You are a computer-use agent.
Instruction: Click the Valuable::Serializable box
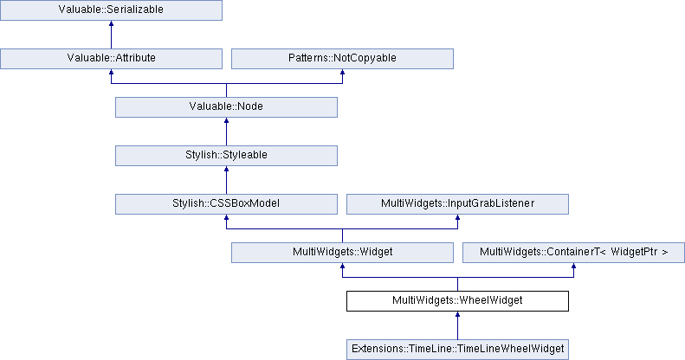tap(111, 10)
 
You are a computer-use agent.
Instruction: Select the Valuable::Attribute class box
tap(111, 59)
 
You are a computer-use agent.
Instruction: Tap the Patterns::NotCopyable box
tap(342, 59)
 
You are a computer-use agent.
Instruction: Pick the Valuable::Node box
tap(226, 107)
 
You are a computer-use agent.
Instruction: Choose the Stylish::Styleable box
tap(226, 156)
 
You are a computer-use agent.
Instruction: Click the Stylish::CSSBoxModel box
tap(226, 203)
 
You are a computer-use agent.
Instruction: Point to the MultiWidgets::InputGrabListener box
tap(457, 203)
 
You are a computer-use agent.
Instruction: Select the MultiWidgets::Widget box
tap(342, 252)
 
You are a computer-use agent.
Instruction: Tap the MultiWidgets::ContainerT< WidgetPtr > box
tap(573, 252)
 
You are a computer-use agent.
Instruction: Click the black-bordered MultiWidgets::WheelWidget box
tap(457, 300)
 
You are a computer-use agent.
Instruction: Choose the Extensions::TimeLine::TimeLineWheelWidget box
tap(457, 349)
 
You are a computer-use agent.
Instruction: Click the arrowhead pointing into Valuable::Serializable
tap(111, 23)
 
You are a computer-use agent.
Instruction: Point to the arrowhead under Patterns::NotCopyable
tap(342, 72)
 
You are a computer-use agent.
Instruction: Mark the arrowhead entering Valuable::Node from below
tap(226, 120)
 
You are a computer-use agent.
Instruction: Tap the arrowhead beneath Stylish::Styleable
tap(226, 169)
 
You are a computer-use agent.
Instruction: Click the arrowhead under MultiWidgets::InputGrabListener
tap(457, 217)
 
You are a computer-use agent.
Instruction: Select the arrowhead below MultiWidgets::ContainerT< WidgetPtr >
tap(573, 266)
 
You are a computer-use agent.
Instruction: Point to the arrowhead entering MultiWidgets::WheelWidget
tap(457, 314)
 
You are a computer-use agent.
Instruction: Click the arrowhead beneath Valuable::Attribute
tap(111, 72)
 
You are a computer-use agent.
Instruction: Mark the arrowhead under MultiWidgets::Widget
tap(342, 266)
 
